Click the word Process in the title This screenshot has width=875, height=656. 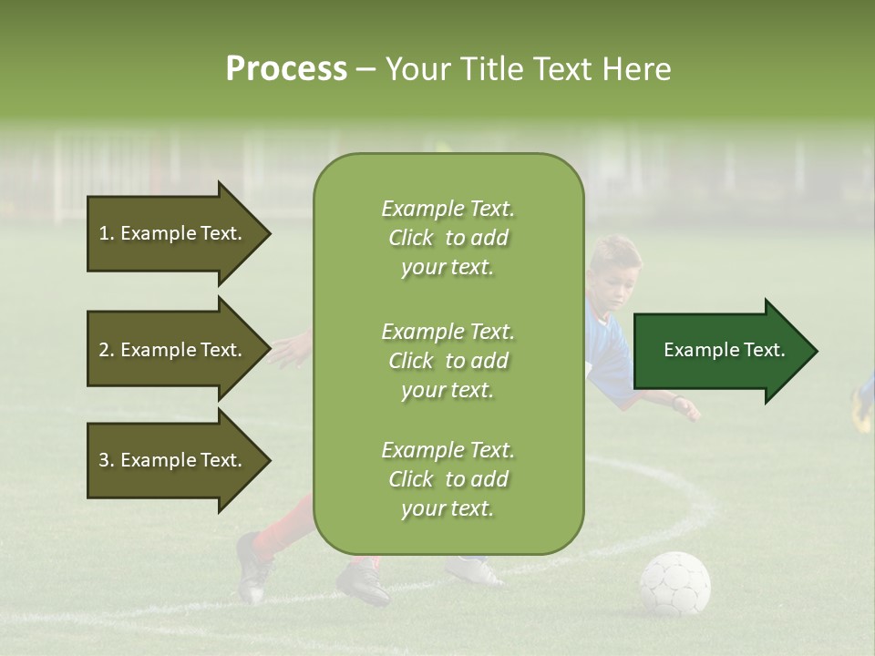pyautogui.click(x=286, y=69)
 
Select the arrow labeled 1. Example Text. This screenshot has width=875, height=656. pyautogui.click(x=173, y=233)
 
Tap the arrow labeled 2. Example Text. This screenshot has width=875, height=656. pyautogui.click(x=173, y=350)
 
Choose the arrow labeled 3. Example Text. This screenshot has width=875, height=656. pyautogui.click(x=173, y=460)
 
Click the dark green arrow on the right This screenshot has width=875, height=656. pyautogui.click(x=720, y=351)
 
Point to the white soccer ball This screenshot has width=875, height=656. pyautogui.click(x=674, y=584)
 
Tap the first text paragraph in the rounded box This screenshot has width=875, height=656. pyautogui.click(x=448, y=238)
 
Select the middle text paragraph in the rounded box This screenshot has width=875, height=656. pyautogui.click(x=448, y=361)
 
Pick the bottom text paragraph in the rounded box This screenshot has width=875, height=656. pyautogui.click(x=448, y=479)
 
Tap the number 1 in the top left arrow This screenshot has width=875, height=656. pyautogui.click(x=104, y=233)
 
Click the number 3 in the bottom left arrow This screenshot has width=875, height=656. pyautogui.click(x=104, y=460)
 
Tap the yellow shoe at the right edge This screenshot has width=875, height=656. pyautogui.click(x=860, y=410)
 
